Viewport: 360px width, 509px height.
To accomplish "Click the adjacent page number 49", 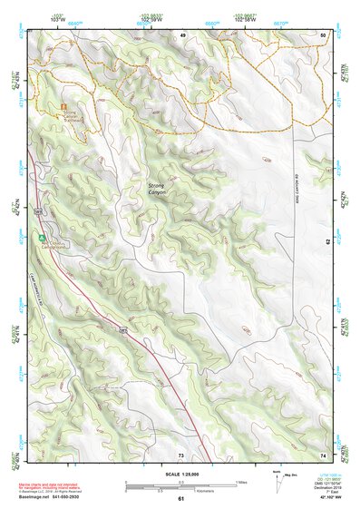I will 182,34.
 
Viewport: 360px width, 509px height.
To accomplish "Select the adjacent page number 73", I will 180,453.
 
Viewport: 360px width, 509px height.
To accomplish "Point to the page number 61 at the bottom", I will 180,499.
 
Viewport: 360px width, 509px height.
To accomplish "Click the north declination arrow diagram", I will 276,477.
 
